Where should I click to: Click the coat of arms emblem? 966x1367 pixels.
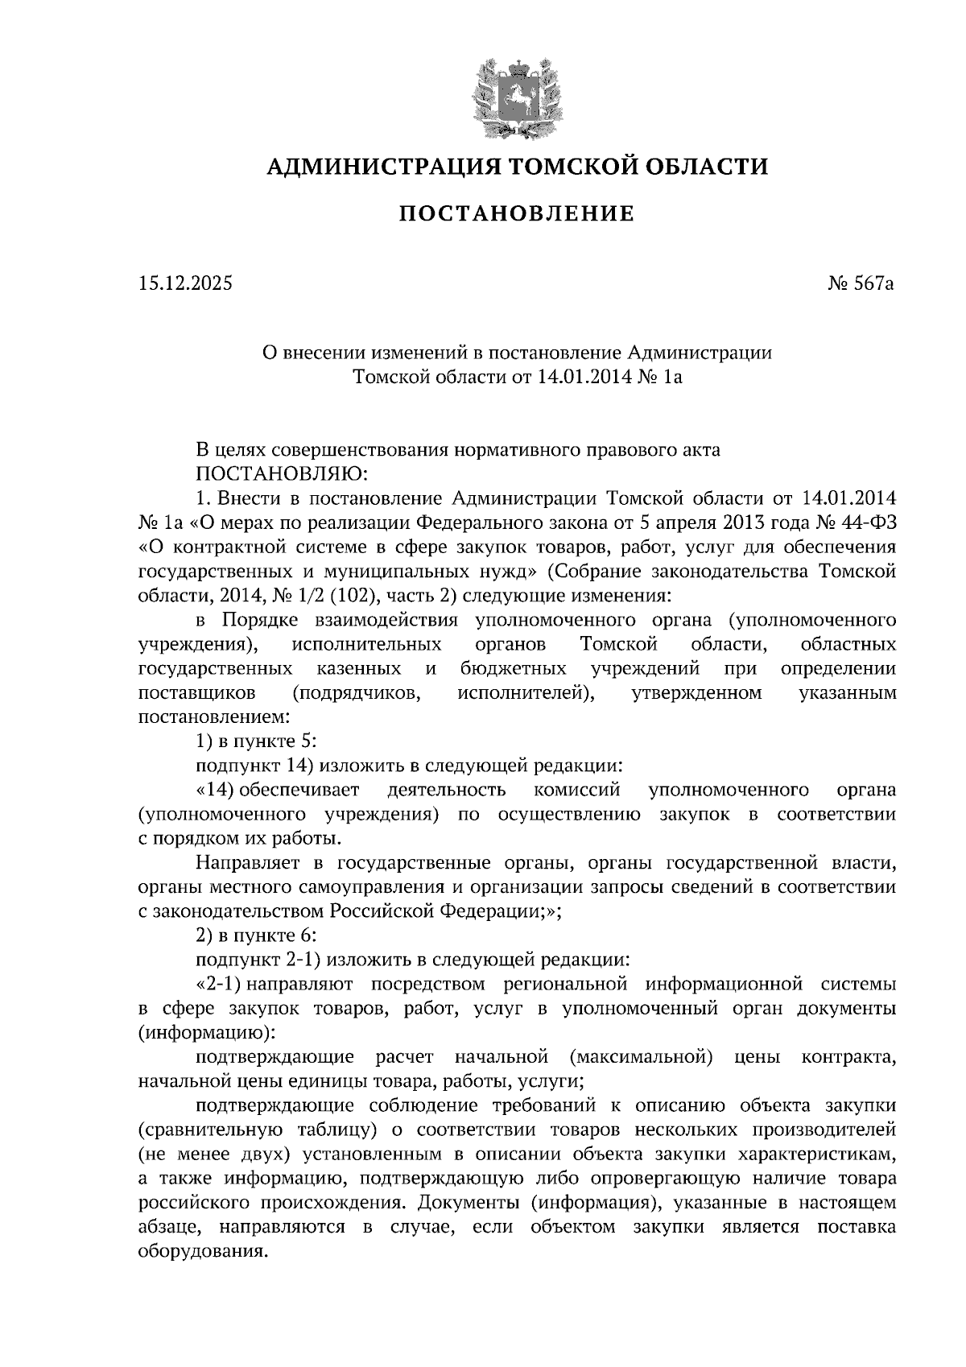[x=516, y=95]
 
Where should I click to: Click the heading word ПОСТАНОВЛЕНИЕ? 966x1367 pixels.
[x=517, y=214]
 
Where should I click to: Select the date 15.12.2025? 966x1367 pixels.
[x=184, y=283]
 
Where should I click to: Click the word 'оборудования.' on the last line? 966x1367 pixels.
[x=202, y=1253]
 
